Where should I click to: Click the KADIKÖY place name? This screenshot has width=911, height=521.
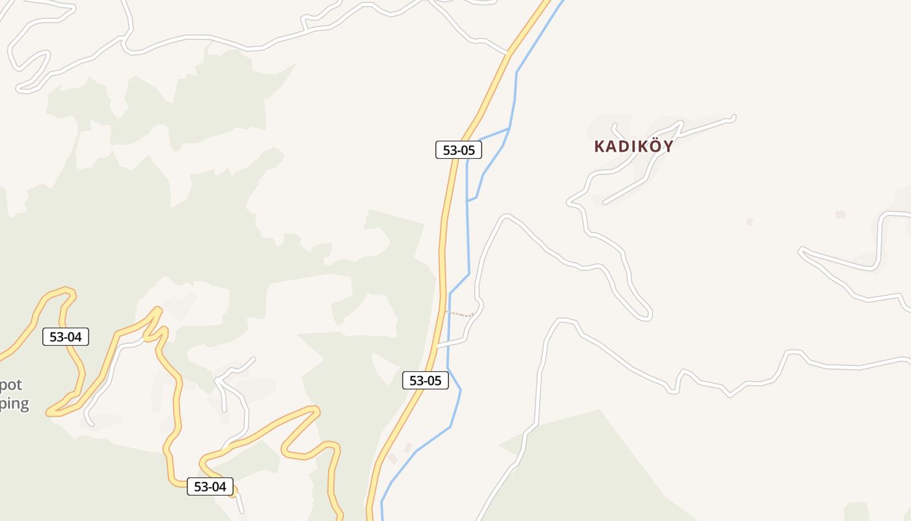pyautogui.click(x=633, y=147)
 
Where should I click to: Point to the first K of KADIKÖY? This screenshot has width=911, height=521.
pyautogui.click(x=599, y=147)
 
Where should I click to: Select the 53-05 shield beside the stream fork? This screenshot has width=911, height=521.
pyautogui.click(x=459, y=150)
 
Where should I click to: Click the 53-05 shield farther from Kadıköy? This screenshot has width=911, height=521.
pyautogui.click(x=426, y=380)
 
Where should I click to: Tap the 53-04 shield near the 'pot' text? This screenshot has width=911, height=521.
pyautogui.click(x=66, y=337)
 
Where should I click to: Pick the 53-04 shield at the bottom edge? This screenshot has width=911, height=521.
pyautogui.click(x=210, y=486)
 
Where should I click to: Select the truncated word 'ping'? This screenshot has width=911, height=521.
pyautogui.click(x=14, y=404)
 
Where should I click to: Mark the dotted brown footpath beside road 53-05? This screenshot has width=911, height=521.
pyautogui.click(x=459, y=314)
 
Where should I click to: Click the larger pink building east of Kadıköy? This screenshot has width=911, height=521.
pyautogui.click(x=840, y=214)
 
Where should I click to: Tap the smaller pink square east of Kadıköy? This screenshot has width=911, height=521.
pyautogui.click(x=749, y=221)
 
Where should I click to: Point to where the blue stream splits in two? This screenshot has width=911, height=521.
pyautogui.click(x=509, y=129)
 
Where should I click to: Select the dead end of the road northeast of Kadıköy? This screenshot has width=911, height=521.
pyautogui.click(x=733, y=117)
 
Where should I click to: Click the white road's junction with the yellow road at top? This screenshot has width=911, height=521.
pyautogui.click(x=508, y=54)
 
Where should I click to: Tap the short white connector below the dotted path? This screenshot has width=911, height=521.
pyautogui.click(x=453, y=341)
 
